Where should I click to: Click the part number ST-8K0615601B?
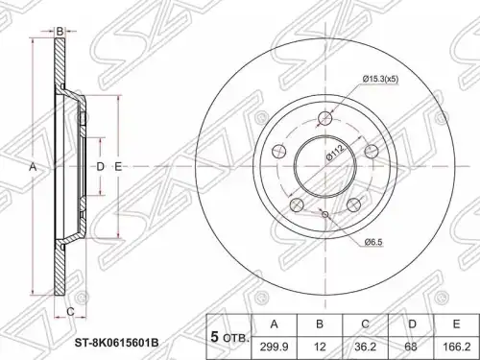(116, 344)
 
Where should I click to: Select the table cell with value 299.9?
(275, 348)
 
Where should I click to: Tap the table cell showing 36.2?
(365, 348)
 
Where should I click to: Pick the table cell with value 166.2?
(456, 348)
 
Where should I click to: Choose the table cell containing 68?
(411, 348)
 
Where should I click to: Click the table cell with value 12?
(320, 348)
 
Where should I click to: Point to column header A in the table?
(275, 324)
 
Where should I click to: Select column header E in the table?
(456, 324)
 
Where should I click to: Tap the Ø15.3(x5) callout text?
(380, 79)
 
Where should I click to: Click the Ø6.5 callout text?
(373, 242)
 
